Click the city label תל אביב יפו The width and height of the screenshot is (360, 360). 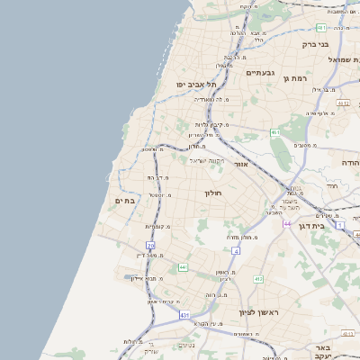[196, 84]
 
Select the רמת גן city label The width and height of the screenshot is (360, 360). [298, 77]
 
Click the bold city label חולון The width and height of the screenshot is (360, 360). [213, 192]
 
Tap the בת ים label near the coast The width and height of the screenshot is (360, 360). [125, 201]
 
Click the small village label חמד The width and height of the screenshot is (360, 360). [332, 186]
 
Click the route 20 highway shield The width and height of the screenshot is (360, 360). [150, 245]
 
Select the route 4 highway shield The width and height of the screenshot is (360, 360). [236, 251]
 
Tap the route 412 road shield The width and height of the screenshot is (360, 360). [258, 279]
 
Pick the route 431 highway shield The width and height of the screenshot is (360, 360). [184, 315]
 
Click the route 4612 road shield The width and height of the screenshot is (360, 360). [342, 103]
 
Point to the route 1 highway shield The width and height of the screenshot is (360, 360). [340, 224]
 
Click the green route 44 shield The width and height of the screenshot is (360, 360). [183, 267]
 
